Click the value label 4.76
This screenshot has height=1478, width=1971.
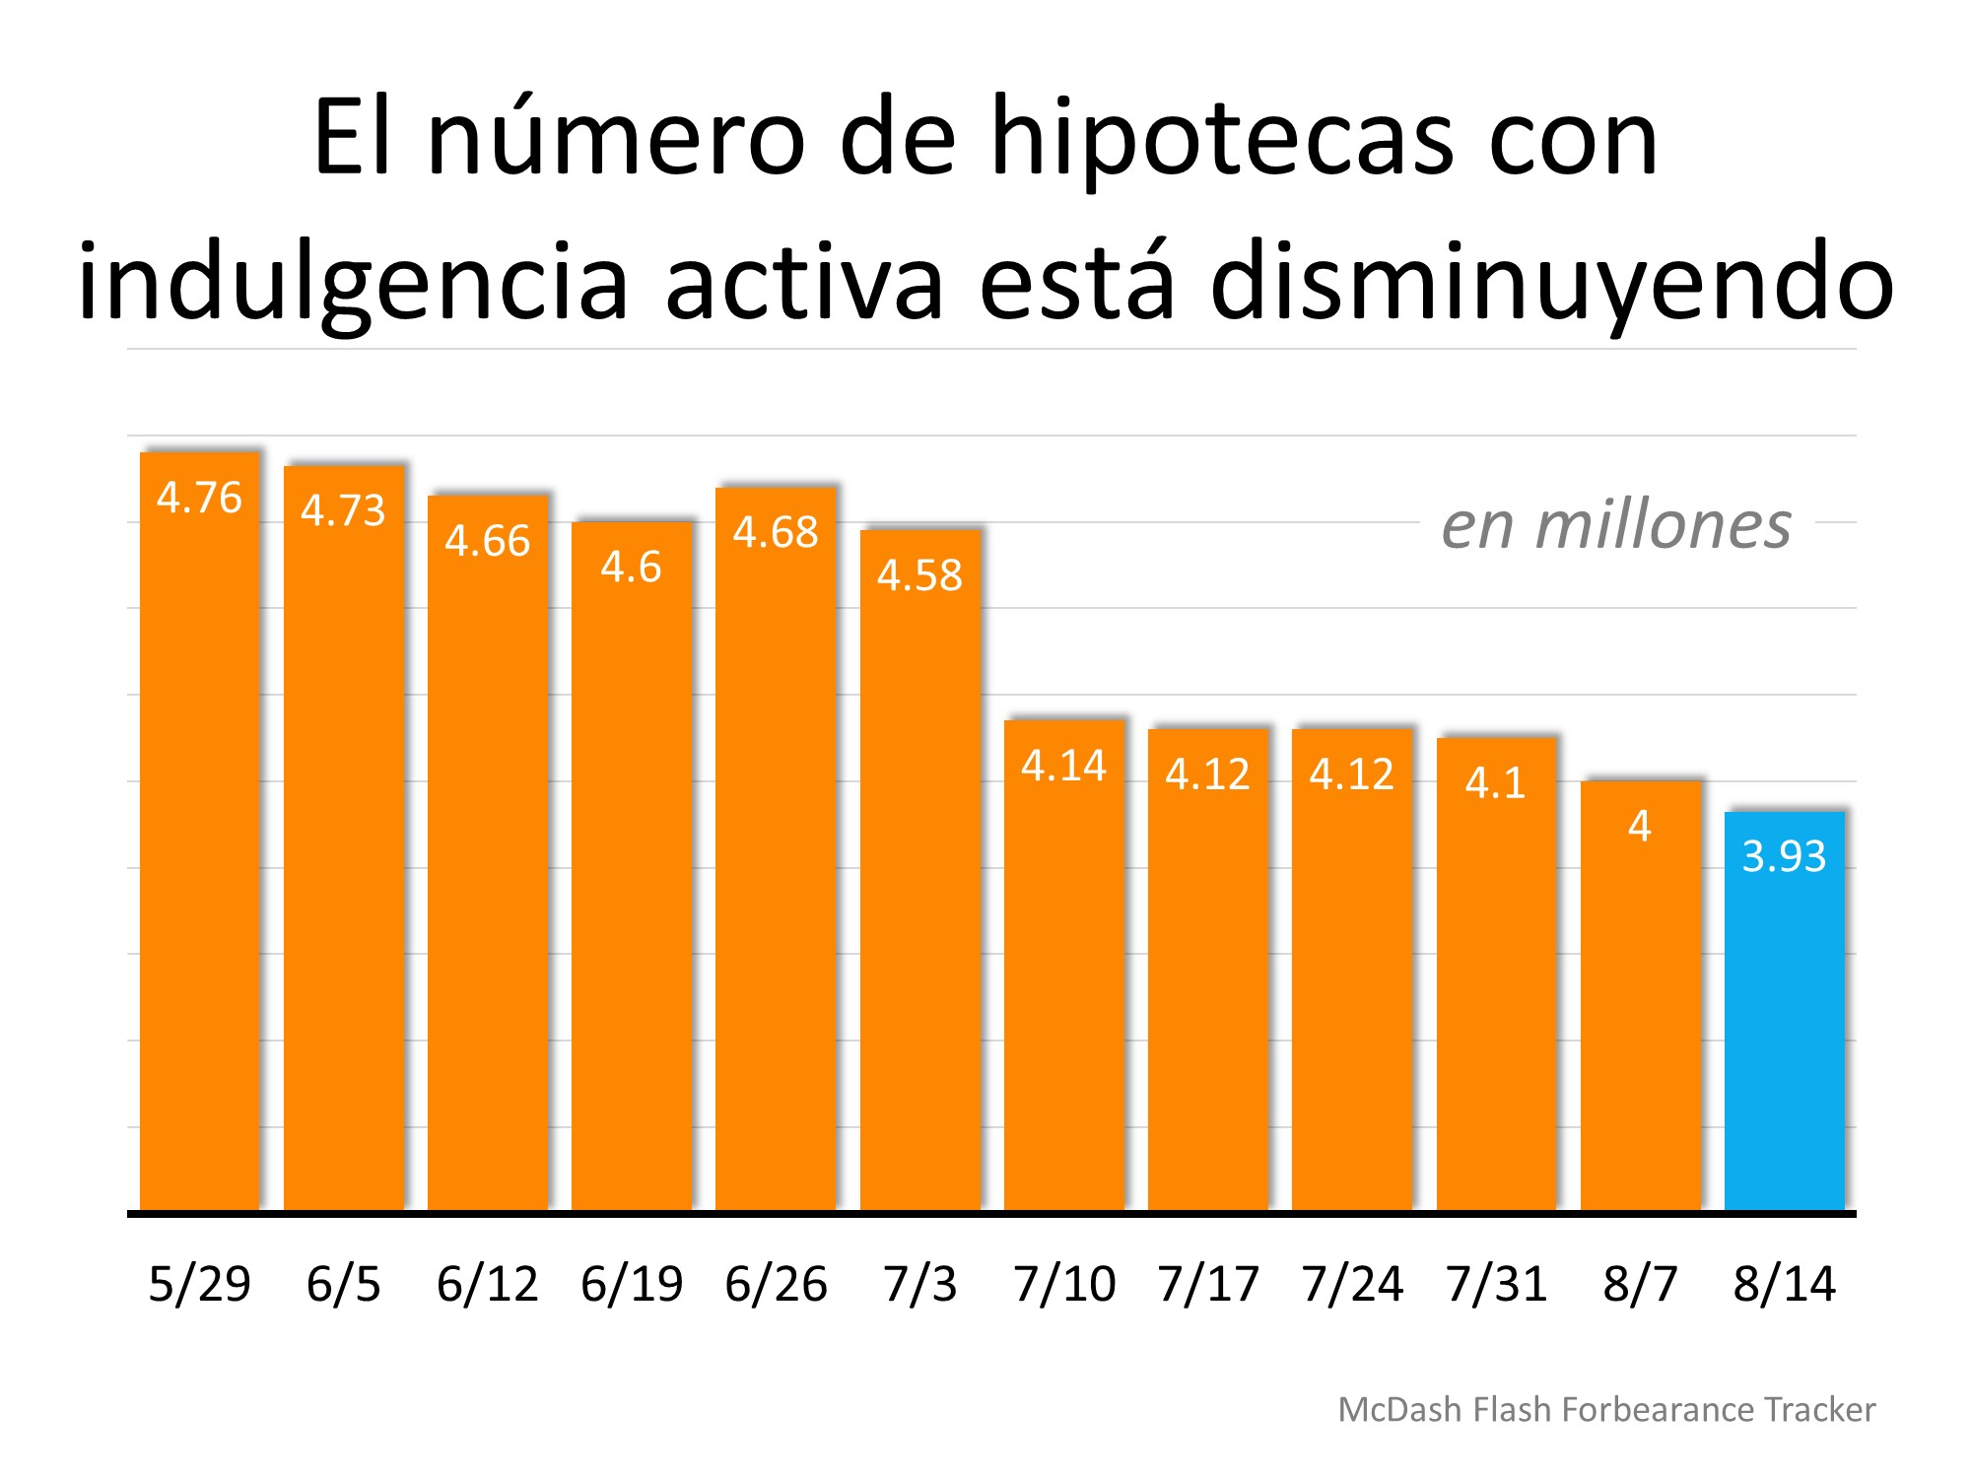199,499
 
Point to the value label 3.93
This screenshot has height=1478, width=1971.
1784,856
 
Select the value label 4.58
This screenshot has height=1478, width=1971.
919,575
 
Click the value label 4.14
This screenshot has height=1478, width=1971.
1063,766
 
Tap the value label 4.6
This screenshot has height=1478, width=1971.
631,568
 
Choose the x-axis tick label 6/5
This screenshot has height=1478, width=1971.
343,1284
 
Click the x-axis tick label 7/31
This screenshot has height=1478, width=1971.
1496,1284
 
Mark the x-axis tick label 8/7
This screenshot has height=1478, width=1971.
1640,1284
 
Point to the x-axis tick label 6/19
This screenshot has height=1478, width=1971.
631,1284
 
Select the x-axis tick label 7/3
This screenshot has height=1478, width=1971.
919,1284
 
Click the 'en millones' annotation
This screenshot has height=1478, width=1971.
1616,525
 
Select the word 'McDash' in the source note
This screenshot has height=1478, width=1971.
1399,1410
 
